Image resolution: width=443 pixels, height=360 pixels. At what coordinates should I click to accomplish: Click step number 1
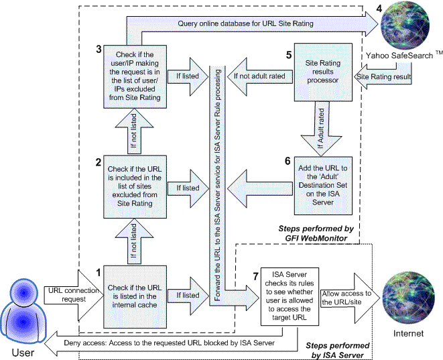point(98,273)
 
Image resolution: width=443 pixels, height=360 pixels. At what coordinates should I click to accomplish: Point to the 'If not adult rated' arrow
point(258,76)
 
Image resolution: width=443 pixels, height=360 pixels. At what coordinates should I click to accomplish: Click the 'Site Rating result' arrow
point(384,77)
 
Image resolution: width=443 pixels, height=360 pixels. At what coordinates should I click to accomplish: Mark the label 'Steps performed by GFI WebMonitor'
point(322,233)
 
